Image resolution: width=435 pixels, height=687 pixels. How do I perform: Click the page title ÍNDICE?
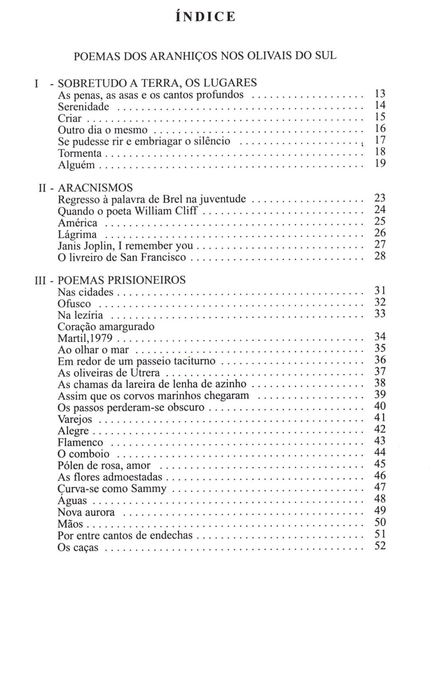205,17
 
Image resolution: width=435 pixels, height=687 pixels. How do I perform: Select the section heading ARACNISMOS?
95,188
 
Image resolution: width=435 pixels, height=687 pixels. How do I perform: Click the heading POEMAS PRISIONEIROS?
122,280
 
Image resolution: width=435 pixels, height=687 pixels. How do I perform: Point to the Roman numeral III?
40,281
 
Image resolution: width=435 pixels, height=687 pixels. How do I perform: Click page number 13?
380,94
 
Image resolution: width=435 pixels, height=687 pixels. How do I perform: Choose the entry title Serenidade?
83,107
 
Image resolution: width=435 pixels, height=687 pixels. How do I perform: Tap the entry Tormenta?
80,153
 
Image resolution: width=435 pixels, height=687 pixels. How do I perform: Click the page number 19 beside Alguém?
380,163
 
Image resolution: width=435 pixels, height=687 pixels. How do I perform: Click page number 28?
380,256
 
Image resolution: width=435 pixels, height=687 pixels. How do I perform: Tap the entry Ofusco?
74,304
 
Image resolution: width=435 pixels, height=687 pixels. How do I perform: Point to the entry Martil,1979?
85,338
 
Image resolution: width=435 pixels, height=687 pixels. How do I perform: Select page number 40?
380,406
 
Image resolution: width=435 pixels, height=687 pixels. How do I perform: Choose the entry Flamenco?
80,443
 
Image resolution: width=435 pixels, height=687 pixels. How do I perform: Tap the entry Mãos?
70,524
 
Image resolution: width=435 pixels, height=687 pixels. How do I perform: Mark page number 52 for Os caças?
380,546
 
